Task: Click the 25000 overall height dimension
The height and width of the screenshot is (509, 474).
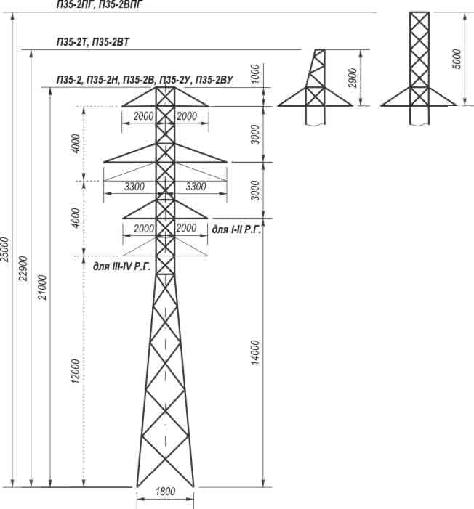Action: (x=4, y=249)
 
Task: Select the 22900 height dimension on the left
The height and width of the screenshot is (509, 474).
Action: (x=23, y=269)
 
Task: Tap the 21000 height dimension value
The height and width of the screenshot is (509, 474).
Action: (x=42, y=288)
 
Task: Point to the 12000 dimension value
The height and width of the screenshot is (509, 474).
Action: (x=76, y=371)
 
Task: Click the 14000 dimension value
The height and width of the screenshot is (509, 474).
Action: (x=255, y=353)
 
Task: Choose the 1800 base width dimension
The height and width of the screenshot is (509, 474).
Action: (x=166, y=491)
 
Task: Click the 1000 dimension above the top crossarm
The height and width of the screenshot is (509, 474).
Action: (x=255, y=73)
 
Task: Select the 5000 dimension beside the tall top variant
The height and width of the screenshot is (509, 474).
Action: (x=457, y=59)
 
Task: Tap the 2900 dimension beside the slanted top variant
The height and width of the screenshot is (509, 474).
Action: (x=353, y=78)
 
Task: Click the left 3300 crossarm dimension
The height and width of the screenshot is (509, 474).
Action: (x=134, y=187)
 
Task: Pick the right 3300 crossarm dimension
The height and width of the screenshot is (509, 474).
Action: (x=196, y=187)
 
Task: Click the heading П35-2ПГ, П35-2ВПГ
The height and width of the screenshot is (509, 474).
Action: (x=100, y=4)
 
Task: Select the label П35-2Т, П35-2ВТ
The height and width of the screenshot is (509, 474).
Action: (x=93, y=42)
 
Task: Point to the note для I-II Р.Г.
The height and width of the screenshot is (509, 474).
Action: (x=236, y=230)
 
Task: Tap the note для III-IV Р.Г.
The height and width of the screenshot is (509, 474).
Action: (x=122, y=266)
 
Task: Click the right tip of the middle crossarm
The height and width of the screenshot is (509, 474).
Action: (x=227, y=162)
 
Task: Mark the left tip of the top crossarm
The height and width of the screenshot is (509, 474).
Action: (x=121, y=106)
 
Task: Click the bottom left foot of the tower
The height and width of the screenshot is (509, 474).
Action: (x=137, y=487)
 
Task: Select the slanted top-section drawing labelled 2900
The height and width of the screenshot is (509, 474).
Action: (x=315, y=86)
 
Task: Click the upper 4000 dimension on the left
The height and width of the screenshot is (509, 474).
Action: (x=76, y=144)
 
